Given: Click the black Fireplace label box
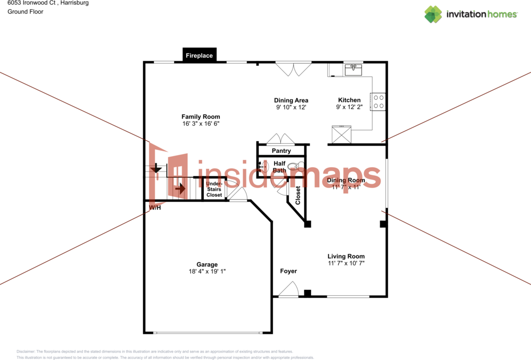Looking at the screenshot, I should pos(199,55).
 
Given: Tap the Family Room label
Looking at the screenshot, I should pos(201,117).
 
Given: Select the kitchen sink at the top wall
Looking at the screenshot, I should pos(354,70).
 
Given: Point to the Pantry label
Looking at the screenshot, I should pos(281,151).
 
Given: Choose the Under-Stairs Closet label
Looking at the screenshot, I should pos(214,190).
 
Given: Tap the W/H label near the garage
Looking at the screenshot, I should pos(155,208).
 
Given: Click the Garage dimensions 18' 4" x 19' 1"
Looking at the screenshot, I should pos(207,271).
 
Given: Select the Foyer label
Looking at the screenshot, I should pos(288,271).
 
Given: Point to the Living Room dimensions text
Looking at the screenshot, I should pos(346,263).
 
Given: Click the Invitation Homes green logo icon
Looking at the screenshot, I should pos(433,14).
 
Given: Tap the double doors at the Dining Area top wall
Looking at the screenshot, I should pos(293,70).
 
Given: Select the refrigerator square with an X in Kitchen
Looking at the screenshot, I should pos(341,134).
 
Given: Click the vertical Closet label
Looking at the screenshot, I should pos(298,195).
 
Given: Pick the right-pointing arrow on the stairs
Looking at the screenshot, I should pos(181,187).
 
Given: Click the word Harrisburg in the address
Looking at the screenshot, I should pos(73,3).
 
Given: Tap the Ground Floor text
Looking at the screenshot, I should pos(25,12).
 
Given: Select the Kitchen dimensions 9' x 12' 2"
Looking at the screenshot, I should pos(349,107).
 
